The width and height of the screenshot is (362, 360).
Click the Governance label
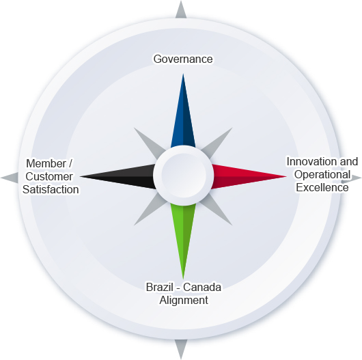(183, 59)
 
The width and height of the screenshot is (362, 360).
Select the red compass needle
(248, 177)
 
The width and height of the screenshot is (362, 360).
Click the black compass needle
(118, 177)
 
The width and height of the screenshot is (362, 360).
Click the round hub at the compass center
(183, 176)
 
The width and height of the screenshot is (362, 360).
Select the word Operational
(322, 174)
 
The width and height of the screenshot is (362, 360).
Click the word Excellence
(322, 187)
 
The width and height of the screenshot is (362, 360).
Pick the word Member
(46, 163)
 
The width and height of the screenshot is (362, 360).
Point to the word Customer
(49, 176)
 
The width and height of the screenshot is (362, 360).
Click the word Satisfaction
(51, 189)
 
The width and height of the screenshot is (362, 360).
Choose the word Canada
(202, 287)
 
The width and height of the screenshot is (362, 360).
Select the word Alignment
(184, 300)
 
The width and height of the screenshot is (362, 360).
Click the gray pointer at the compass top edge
(181, 10)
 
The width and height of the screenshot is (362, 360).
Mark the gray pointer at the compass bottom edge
(181, 349)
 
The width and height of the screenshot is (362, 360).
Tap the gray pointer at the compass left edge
(10, 178)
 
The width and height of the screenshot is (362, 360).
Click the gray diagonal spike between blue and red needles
(217, 143)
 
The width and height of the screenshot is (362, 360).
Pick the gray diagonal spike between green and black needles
(150, 210)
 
